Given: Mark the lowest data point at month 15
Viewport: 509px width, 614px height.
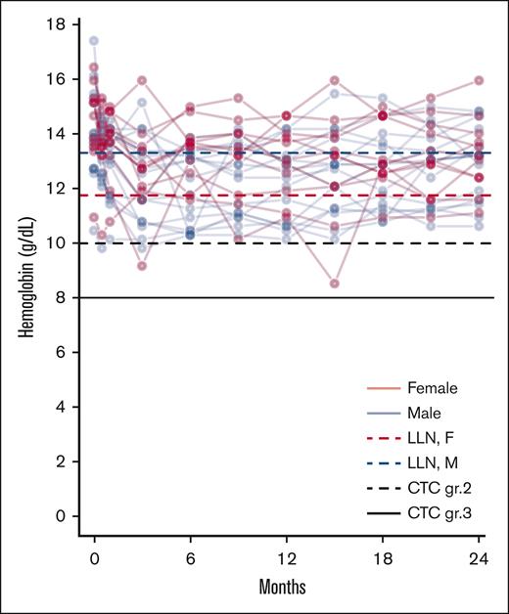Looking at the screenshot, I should (335, 284).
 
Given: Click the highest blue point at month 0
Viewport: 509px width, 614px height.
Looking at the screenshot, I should (94, 41).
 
